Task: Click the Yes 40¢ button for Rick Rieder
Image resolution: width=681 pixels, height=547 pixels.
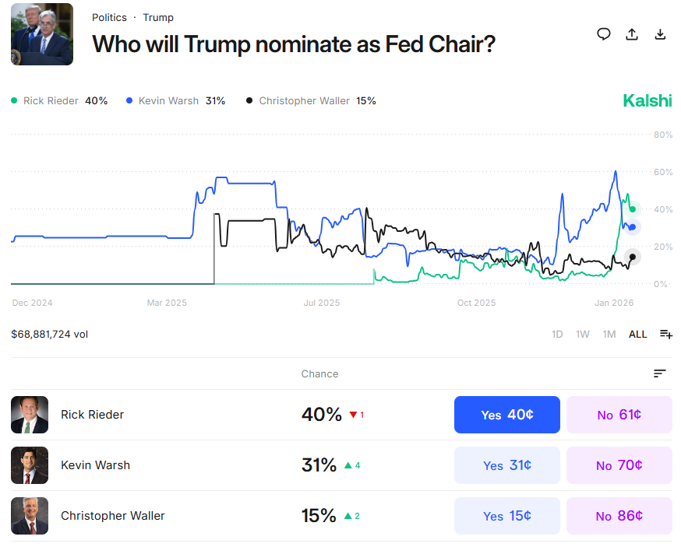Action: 506,415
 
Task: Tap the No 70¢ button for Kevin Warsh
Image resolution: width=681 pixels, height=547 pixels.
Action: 619,465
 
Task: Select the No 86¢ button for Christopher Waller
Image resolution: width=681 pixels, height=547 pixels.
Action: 619,515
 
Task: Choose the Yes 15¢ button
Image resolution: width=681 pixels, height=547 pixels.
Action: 506,515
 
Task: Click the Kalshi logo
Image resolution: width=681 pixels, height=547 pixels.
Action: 647,100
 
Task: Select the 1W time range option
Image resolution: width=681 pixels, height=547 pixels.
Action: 583,335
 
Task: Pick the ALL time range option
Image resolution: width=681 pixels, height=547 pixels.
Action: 637,335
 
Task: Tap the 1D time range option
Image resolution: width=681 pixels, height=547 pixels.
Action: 557,335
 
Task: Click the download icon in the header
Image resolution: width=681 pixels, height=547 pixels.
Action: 660,34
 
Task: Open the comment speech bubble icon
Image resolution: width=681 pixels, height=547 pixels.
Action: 604,34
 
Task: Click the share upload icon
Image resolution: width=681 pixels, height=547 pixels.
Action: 632,34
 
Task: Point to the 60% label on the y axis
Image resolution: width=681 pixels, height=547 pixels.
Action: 663,172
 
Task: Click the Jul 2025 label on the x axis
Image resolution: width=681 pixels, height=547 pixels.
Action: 321,303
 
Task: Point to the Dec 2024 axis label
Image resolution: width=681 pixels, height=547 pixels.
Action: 32,303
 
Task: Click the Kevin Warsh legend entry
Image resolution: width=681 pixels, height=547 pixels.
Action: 175,101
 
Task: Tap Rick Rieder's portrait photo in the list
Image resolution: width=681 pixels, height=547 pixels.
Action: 30,415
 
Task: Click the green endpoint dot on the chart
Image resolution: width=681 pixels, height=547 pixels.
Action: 633,209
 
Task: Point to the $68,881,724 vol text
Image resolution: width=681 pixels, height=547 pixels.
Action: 49,335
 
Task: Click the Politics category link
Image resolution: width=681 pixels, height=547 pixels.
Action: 109,18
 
